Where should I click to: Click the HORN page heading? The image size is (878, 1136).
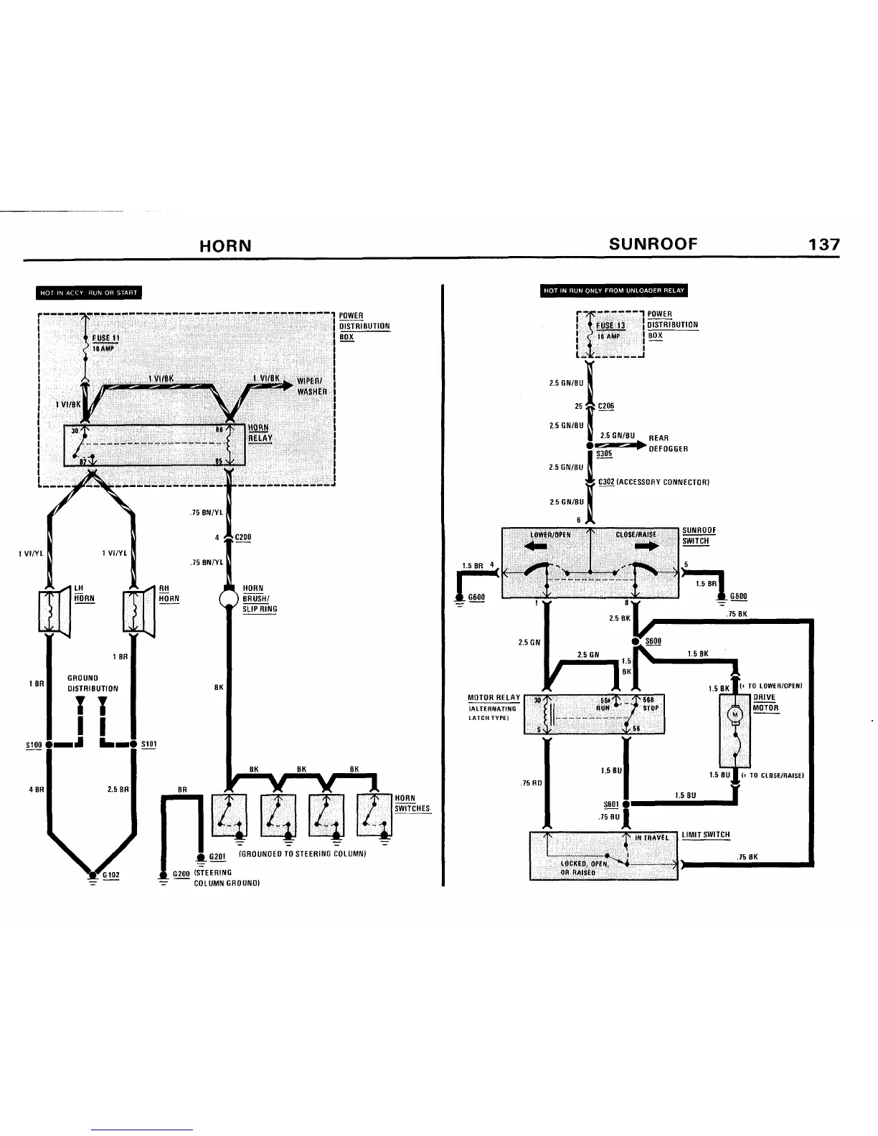click(x=225, y=246)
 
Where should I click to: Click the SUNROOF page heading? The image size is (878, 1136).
click(x=653, y=244)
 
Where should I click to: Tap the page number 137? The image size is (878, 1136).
click(x=823, y=245)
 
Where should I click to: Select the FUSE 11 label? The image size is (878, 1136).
click(x=105, y=338)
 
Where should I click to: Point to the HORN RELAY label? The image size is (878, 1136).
click(x=260, y=433)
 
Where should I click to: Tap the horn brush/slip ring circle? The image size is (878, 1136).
click(x=228, y=598)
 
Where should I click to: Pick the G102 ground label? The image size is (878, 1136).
click(x=111, y=875)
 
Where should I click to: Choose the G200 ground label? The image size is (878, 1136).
click(x=181, y=874)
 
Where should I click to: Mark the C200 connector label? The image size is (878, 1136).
click(x=242, y=537)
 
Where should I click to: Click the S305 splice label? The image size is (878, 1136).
click(x=604, y=454)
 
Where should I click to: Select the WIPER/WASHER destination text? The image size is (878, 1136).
click(x=311, y=387)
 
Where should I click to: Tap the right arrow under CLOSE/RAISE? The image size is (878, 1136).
click(x=646, y=546)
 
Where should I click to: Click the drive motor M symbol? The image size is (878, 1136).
click(x=734, y=714)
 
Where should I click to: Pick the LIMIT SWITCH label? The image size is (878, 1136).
click(x=706, y=835)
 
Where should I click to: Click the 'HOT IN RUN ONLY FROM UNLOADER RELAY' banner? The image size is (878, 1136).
click(x=614, y=290)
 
